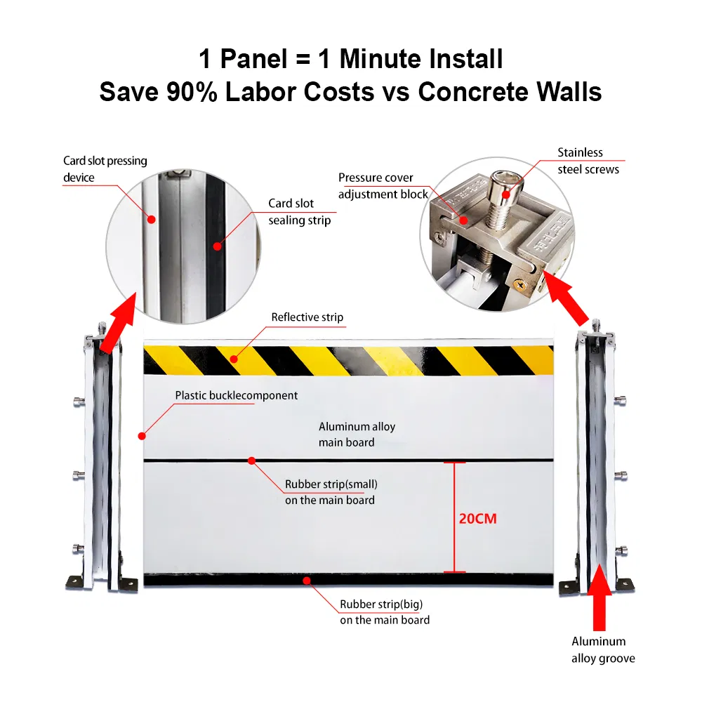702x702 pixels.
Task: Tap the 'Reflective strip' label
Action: click(x=307, y=317)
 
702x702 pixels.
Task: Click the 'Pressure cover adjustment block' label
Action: click(x=383, y=186)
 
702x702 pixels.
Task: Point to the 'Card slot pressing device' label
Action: click(x=105, y=169)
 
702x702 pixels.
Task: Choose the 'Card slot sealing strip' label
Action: click(x=300, y=212)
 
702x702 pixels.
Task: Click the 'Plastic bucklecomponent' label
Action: click(x=237, y=396)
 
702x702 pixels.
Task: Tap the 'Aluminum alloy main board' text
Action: click(x=347, y=435)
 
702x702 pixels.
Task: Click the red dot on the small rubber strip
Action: click(x=251, y=461)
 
